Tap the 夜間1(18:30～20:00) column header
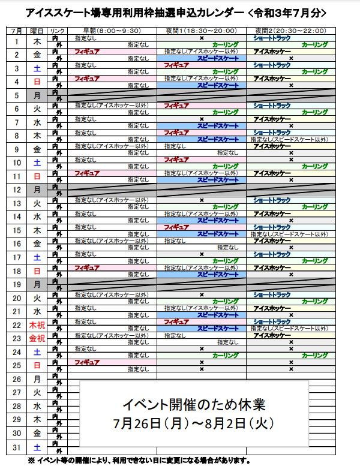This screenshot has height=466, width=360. pyautogui.click(x=202, y=30)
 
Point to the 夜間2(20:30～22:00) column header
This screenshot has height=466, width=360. pyautogui.click(x=290, y=30)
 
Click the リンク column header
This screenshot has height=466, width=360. pyautogui.click(x=58, y=30)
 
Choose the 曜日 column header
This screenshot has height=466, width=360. pyautogui.click(x=37, y=30)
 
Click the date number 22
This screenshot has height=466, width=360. pyautogui.click(x=17, y=325)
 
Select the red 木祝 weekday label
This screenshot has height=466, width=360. pyautogui.click(x=37, y=325)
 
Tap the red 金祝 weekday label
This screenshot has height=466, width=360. pyautogui.click(x=37, y=338)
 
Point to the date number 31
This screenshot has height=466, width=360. pyautogui.click(x=17, y=447)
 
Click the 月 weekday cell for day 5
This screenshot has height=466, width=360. pyautogui.click(x=37, y=95)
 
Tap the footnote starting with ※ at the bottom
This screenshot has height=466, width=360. pyautogui.click(x=138, y=461)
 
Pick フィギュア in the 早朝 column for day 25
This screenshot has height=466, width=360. pyautogui.click(x=87, y=362)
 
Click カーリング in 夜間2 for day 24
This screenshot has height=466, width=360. pyautogui.click(x=315, y=355)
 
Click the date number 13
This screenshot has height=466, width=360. pyautogui.click(x=17, y=203)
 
